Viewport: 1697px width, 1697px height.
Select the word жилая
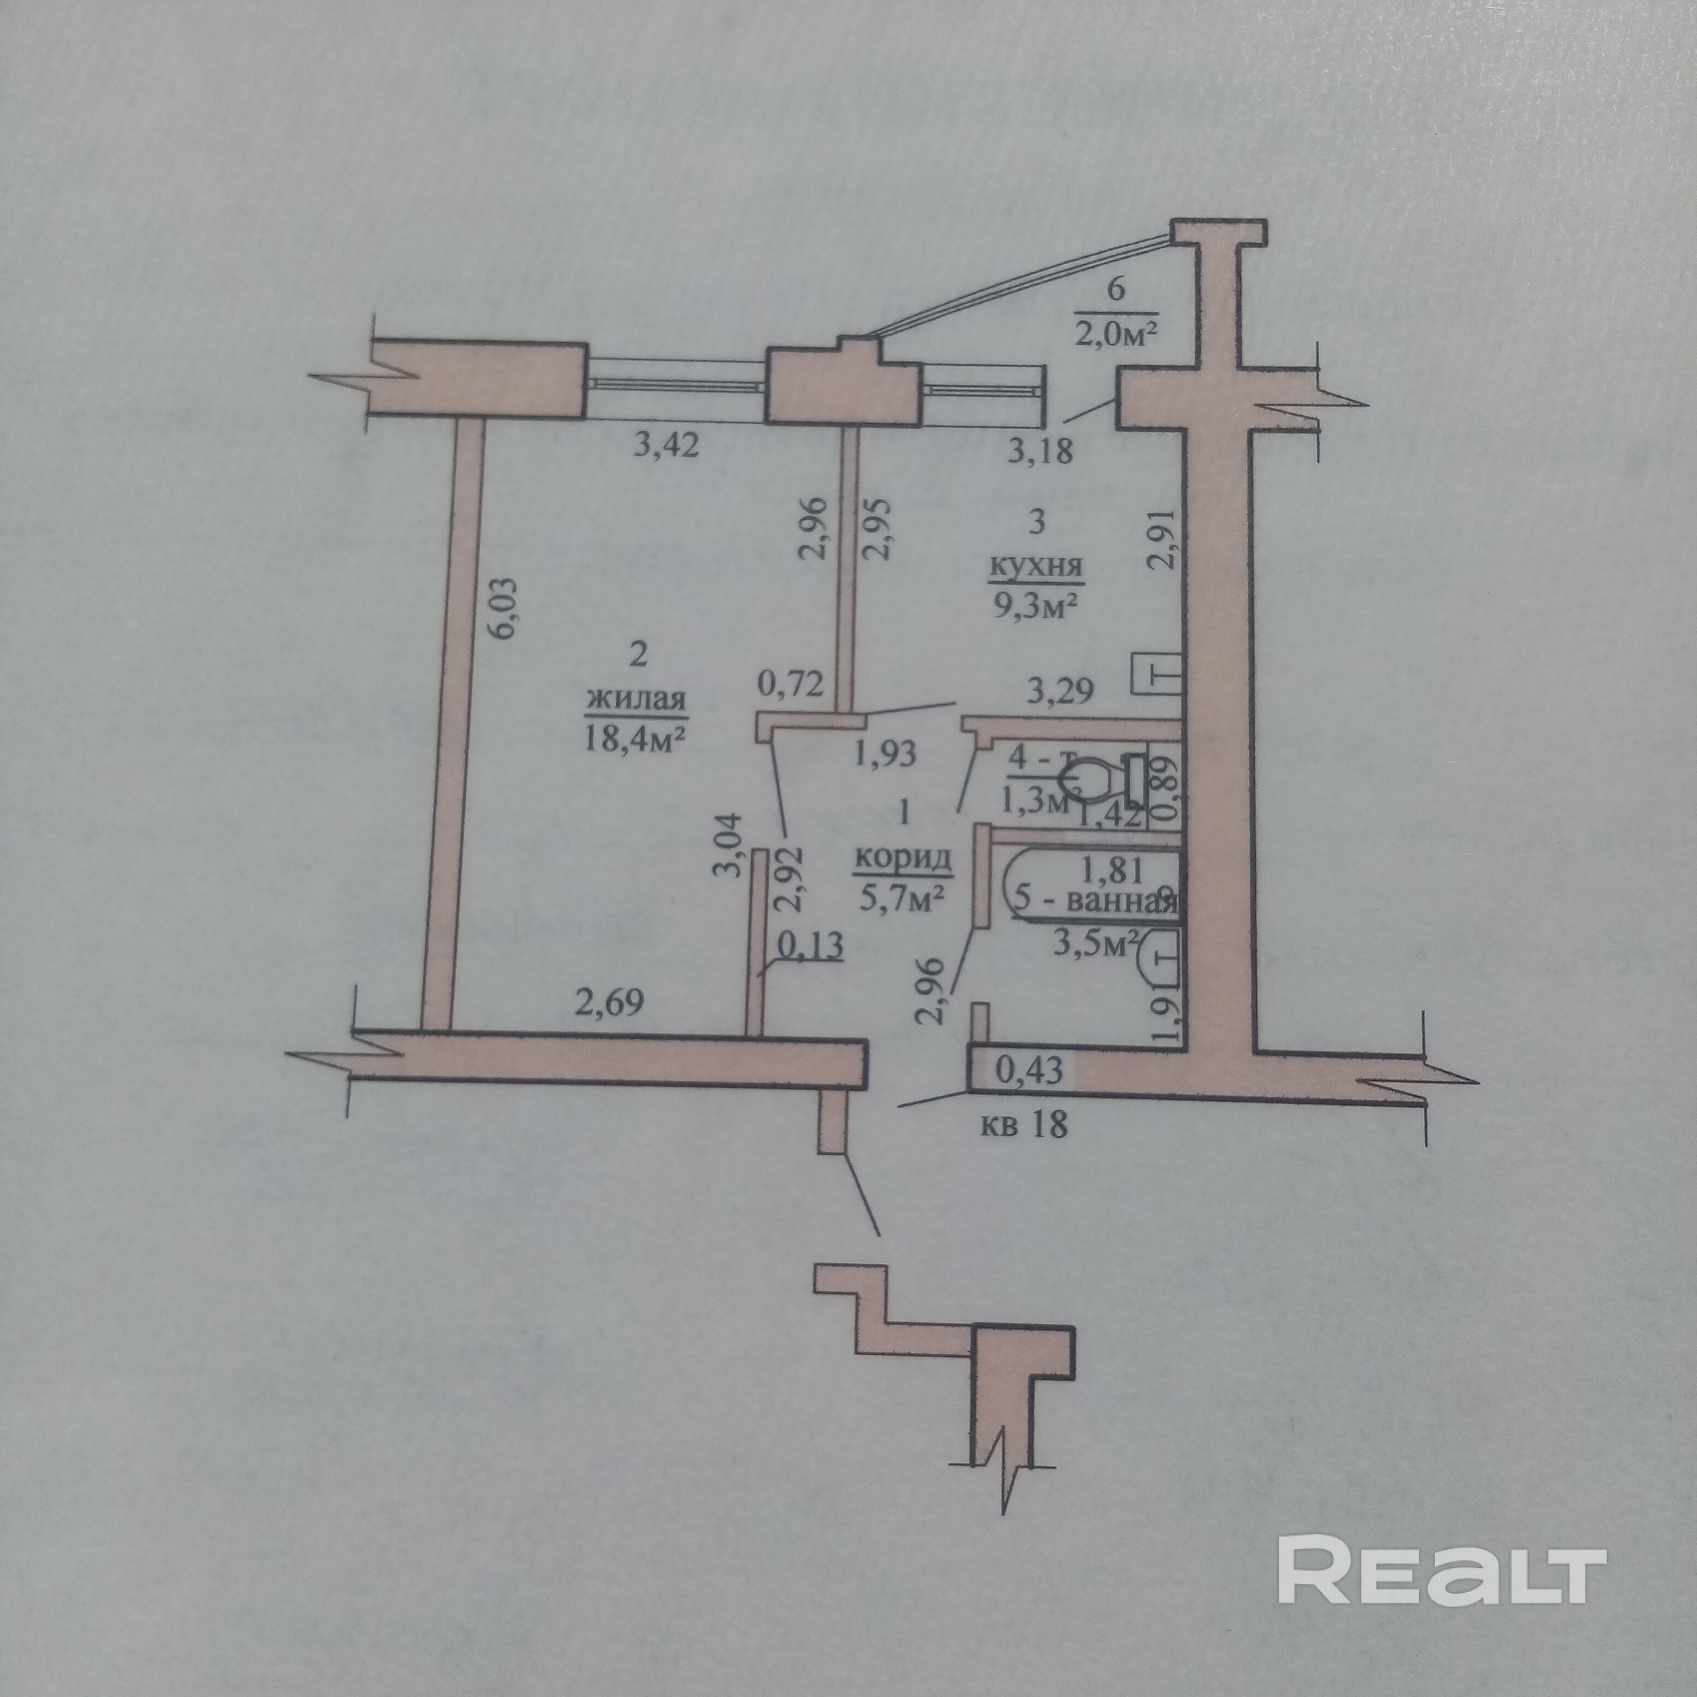(x=636, y=700)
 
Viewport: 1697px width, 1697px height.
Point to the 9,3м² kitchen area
(x=1037, y=606)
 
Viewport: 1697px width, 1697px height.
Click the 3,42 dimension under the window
(x=666, y=446)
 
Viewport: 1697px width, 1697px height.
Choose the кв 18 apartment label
(x=1024, y=1123)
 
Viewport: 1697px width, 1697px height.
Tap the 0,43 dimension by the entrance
(x=1029, y=1070)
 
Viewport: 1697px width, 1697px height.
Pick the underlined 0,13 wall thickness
(x=812, y=945)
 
